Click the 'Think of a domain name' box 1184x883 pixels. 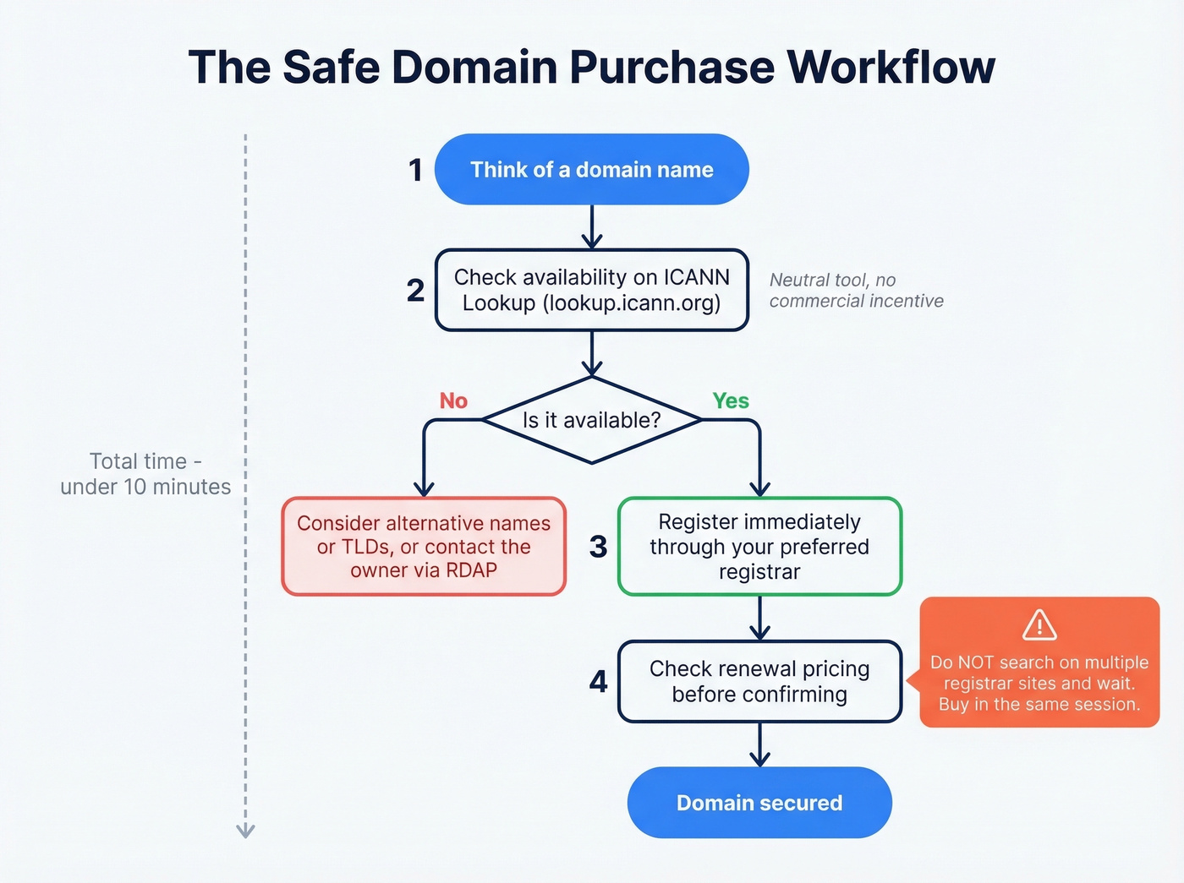pos(591,169)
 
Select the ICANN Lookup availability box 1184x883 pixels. pos(591,290)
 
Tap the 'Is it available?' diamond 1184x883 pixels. pos(591,420)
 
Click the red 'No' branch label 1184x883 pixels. pos(453,401)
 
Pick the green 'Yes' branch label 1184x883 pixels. pos(731,401)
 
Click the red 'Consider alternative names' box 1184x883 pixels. pos(424,547)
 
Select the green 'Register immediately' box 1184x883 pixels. pos(759,547)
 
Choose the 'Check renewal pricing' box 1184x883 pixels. pos(759,681)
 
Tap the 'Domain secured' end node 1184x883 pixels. pos(759,803)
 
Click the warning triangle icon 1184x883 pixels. pos(1039,625)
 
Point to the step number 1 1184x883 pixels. pos(415,170)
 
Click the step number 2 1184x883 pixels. pos(415,291)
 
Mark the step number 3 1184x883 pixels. pos(598,547)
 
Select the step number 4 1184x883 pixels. pos(598,681)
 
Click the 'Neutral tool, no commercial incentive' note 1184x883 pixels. pos(856,291)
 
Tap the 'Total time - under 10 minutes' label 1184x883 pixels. pos(145,474)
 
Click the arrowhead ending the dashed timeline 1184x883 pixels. pos(245,831)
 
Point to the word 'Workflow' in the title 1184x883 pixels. pos(891,68)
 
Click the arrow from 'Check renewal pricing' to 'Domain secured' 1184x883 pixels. pos(759,745)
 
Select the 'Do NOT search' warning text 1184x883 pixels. pos(1039,684)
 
